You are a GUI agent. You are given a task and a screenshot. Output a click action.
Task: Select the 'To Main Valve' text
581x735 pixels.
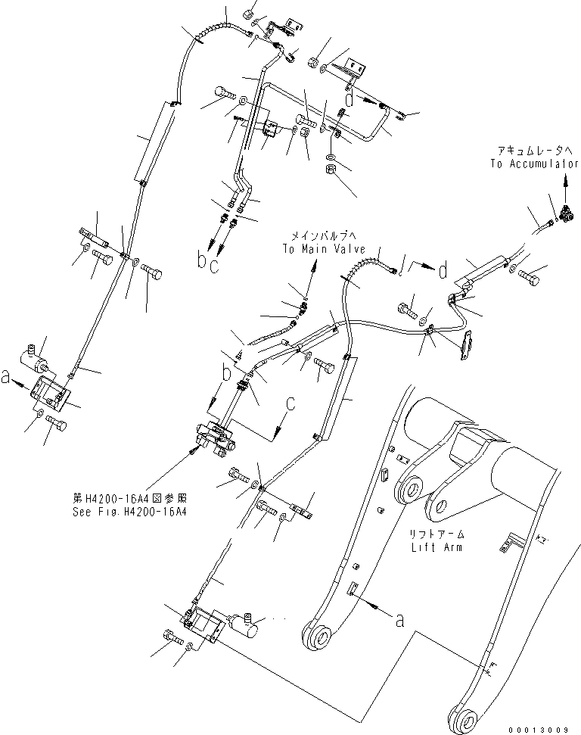pyautogui.click(x=324, y=249)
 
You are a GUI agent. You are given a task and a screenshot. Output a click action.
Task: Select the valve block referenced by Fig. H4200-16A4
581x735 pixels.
pyautogui.click(x=216, y=440)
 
